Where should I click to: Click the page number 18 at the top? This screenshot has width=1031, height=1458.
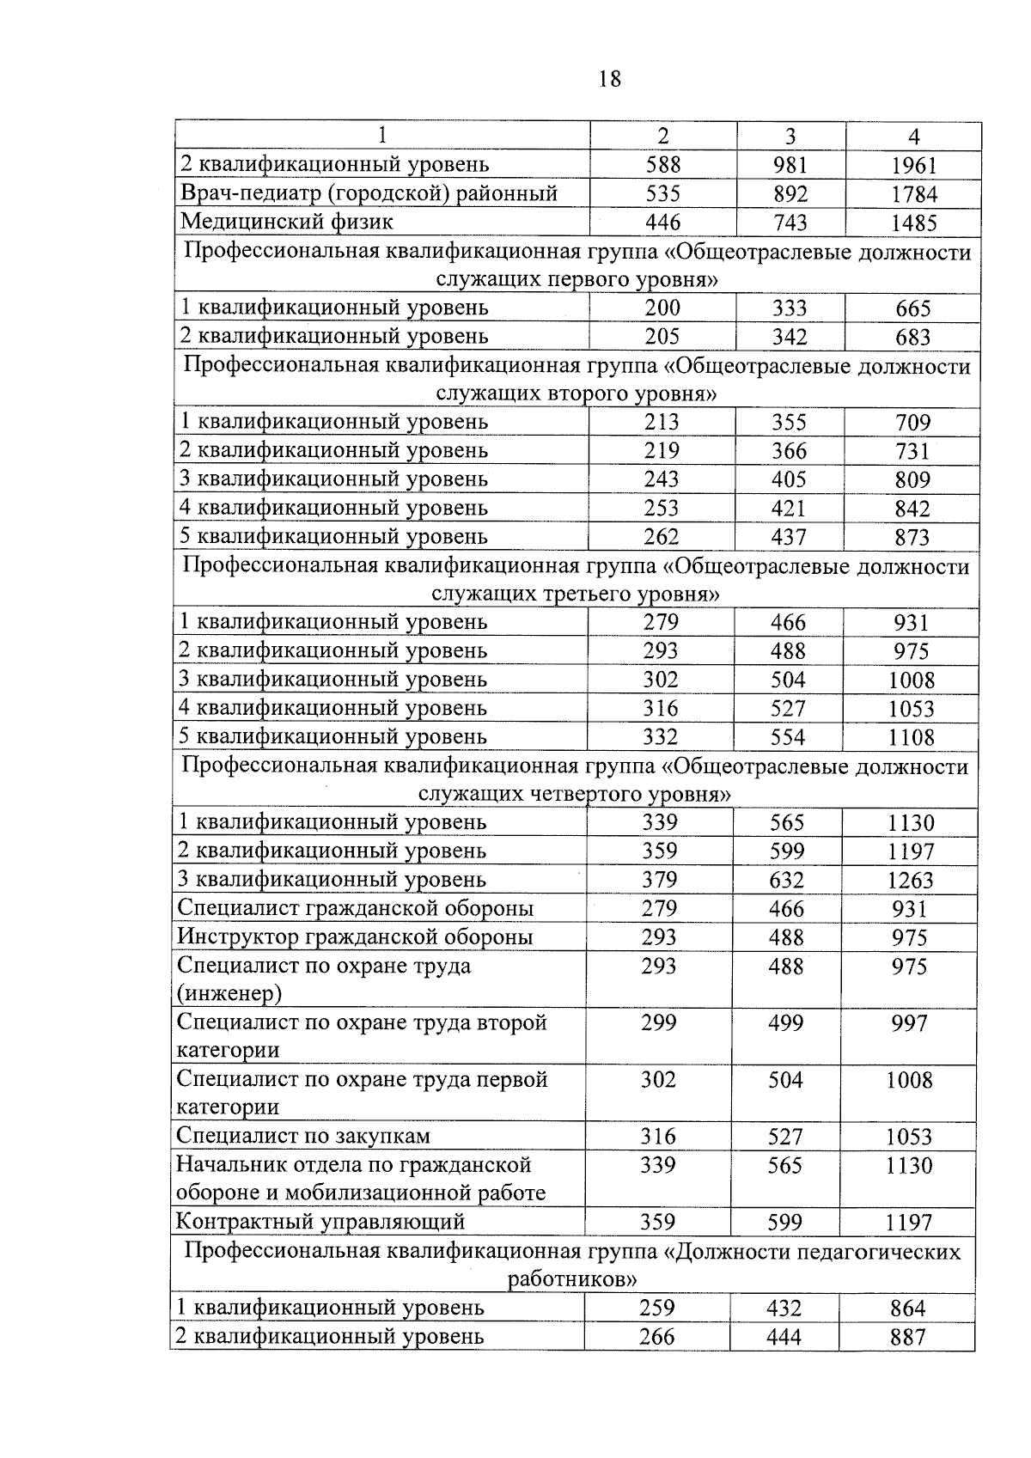click(608, 79)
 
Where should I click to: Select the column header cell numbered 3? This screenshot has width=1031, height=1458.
click(790, 137)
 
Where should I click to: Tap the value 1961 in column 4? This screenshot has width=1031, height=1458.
click(914, 166)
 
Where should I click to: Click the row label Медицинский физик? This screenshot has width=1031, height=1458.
click(286, 222)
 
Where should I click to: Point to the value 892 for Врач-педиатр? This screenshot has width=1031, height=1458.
click(790, 194)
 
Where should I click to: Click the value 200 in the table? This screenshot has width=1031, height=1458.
click(662, 308)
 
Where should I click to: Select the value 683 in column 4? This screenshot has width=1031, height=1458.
click(913, 337)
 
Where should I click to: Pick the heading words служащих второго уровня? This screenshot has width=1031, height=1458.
click(577, 394)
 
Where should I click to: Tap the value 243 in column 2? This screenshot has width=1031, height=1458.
click(662, 479)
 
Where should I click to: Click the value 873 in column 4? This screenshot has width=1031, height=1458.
click(912, 537)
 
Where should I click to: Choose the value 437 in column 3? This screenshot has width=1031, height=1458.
click(789, 537)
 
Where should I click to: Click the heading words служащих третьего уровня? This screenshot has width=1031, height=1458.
click(576, 595)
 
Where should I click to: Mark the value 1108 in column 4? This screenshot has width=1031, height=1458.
click(912, 737)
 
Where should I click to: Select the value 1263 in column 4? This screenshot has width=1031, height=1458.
click(911, 880)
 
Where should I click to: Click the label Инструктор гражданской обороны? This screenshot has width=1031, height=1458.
click(355, 936)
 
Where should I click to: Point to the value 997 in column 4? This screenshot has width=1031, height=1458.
click(910, 1023)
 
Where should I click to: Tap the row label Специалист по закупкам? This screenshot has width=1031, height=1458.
click(303, 1136)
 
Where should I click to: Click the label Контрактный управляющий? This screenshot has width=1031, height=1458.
click(320, 1221)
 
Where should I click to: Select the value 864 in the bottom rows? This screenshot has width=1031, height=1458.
click(908, 1309)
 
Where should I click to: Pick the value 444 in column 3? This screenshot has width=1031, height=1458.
click(784, 1337)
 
